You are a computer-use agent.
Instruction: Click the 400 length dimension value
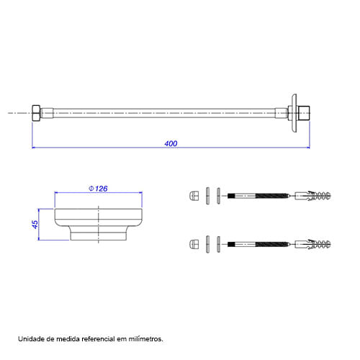[x=171, y=143]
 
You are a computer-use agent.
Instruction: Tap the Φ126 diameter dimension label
[x=98, y=189]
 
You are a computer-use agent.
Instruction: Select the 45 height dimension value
[x=35, y=225]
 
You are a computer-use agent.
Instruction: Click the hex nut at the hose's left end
[x=36, y=113]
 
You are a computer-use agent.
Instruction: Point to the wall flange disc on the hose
[x=294, y=113]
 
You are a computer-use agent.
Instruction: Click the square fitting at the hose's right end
[x=304, y=113]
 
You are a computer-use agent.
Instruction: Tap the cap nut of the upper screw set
[x=194, y=196]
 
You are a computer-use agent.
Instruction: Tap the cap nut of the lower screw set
[x=194, y=244]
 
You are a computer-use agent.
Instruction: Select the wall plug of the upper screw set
[x=312, y=196]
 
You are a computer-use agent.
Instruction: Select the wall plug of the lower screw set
[x=312, y=244]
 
